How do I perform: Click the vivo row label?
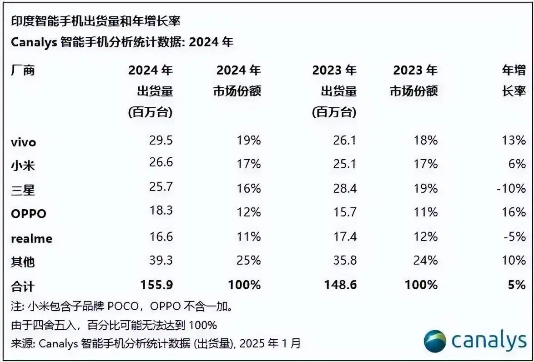point(23,141)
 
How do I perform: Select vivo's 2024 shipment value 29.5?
point(161,140)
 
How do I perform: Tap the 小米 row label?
point(23,165)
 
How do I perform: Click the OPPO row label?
point(28,213)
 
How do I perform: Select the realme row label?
point(31,237)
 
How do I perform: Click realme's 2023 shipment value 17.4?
point(345,236)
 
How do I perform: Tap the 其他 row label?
point(23,261)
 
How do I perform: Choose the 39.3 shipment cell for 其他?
point(161,261)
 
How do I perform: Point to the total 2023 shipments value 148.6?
point(341,285)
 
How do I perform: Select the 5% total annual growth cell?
point(517,285)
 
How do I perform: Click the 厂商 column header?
point(23,70)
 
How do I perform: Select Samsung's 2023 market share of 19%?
point(426,188)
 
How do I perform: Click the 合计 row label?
point(23,286)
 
